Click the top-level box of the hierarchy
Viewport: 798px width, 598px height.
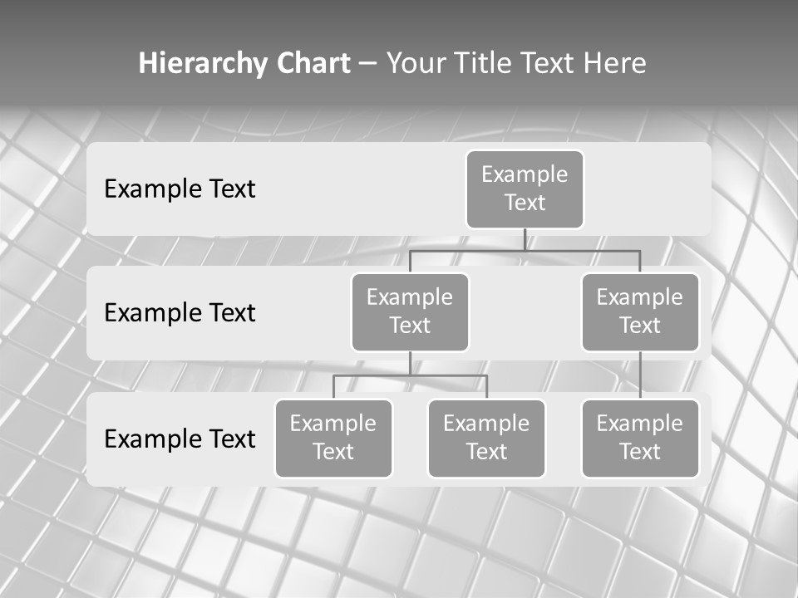(x=525, y=189)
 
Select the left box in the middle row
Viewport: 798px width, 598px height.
(x=410, y=311)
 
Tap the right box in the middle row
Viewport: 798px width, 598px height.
(x=640, y=311)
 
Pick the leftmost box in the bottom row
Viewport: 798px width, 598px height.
(x=333, y=438)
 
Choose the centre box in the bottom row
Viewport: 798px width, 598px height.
(x=486, y=438)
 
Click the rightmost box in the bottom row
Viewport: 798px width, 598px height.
(x=640, y=438)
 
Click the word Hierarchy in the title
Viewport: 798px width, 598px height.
(x=202, y=64)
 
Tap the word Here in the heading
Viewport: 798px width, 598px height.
(x=615, y=64)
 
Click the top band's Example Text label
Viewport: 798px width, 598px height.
(x=180, y=189)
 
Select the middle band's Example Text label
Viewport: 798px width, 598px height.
(x=180, y=313)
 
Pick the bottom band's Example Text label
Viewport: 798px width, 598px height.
(x=180, y=439)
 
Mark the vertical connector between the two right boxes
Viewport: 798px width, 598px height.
(x=640, y=375)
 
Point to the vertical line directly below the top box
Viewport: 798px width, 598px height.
(x=525, y=239)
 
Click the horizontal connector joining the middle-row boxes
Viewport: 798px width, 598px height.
(x=525, y=250)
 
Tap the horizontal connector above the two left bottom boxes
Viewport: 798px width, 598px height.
(x=410, y=375)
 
